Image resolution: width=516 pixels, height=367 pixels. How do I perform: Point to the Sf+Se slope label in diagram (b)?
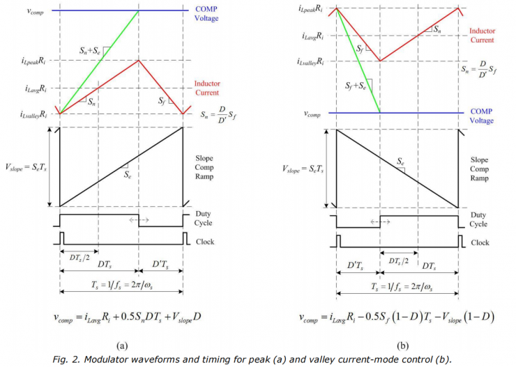click(x=357, y=86)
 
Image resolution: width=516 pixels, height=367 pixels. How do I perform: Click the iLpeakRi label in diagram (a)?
click(x=35, y=61)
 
